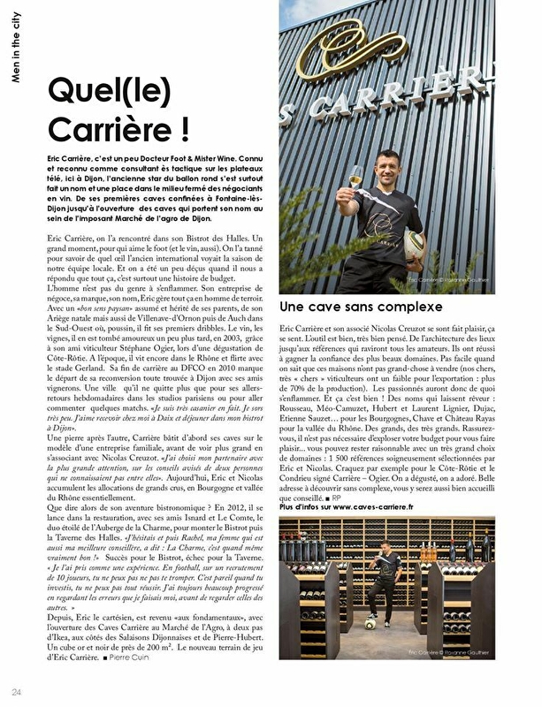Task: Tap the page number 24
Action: [16, 690]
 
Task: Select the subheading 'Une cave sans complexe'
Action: [361, 307]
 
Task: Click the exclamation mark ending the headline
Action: [182, 128]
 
